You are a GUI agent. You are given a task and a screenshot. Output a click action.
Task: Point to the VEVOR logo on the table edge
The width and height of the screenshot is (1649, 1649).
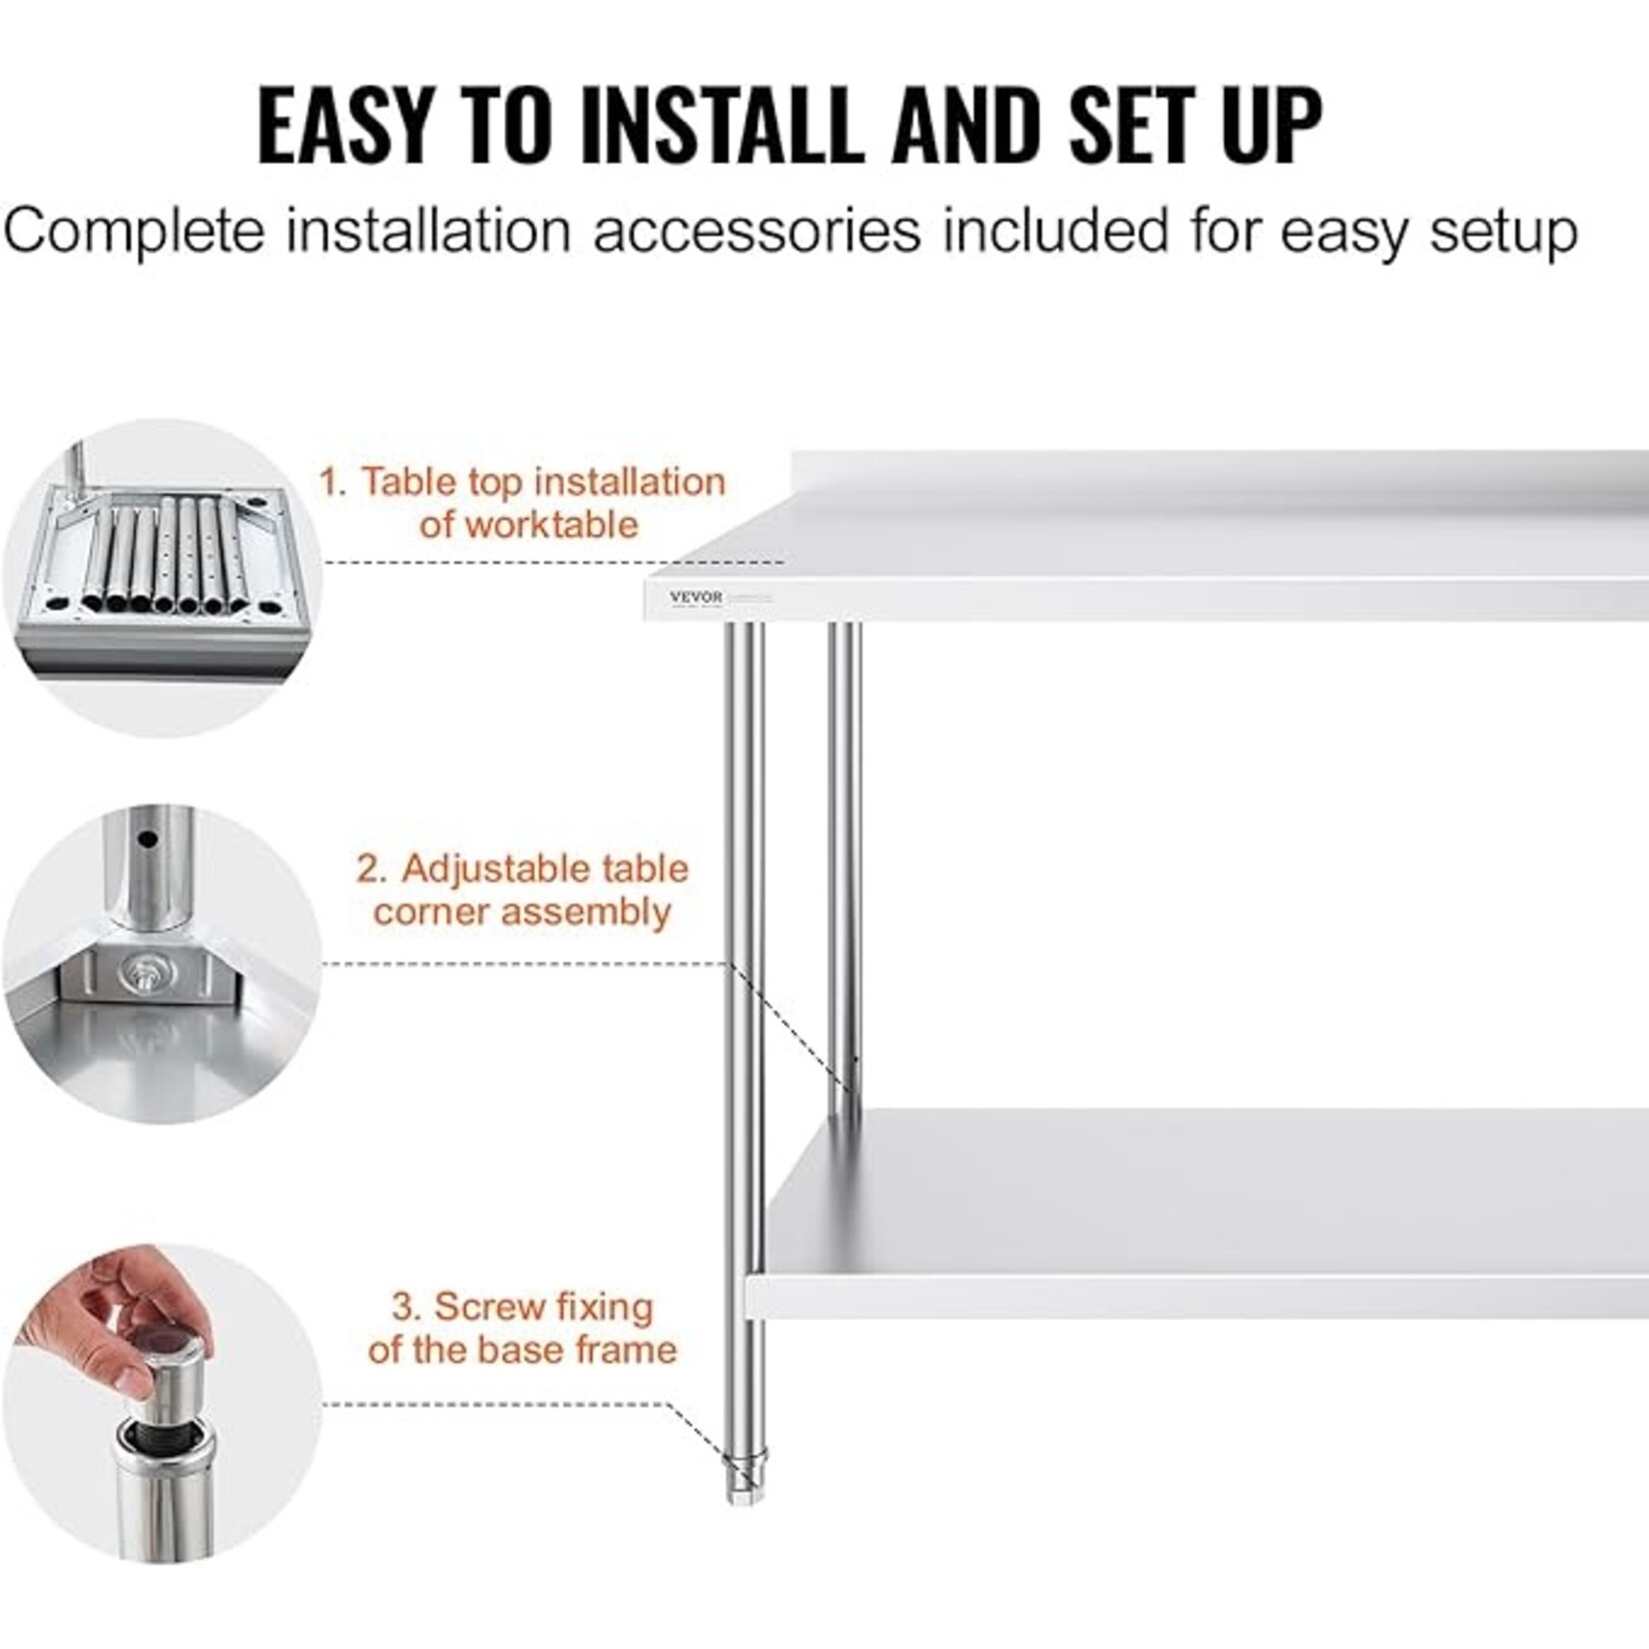tap(696, 597)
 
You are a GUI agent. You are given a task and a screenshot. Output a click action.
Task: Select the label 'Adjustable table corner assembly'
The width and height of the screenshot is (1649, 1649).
tap(523, 889)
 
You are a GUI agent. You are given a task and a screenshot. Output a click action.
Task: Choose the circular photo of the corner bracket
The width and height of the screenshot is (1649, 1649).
tap(163, 964)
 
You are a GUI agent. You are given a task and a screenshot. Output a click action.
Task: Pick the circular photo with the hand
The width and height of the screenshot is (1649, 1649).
tap(163, 1402)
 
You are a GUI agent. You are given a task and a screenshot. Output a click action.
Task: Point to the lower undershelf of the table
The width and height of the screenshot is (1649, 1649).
tap(1198, 1213)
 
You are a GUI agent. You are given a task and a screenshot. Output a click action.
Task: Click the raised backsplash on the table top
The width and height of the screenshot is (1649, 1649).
tap(1218, 474)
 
